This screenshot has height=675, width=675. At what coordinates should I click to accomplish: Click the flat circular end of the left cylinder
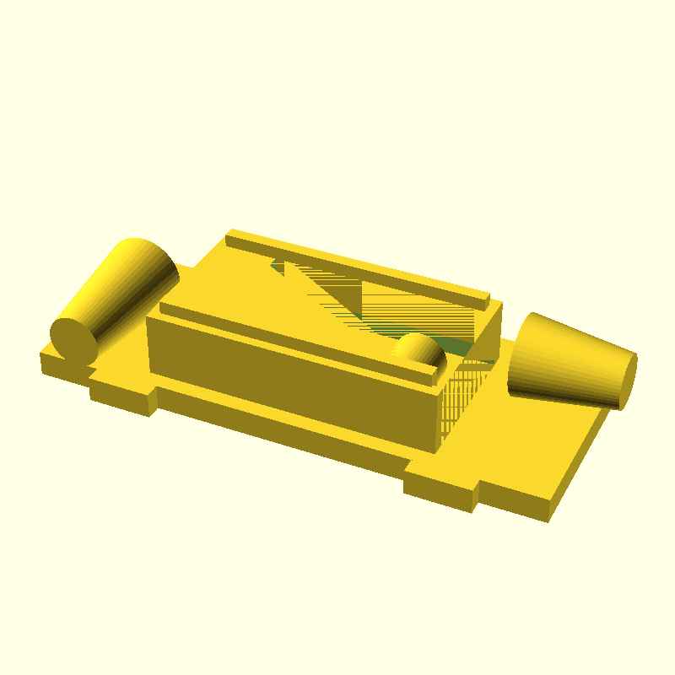pyautogui.click(x=73, y=339)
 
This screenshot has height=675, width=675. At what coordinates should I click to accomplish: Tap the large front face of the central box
pyautogui.click(x=287, y=380)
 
